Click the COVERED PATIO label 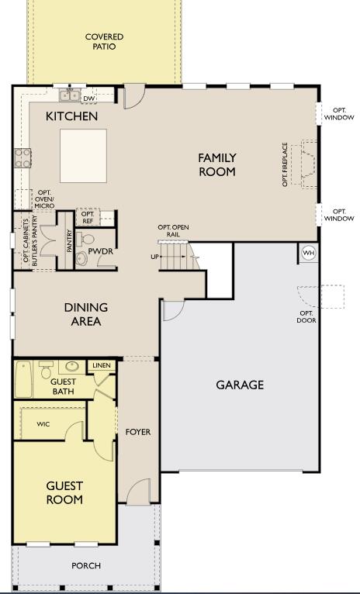[104, 42]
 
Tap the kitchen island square [84, 155]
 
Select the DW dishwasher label [89, 98]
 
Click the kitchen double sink [69, 95]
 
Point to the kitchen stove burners [22, 158]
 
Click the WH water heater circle [308, 254]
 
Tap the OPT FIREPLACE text [286, 164]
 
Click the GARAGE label [240, 385]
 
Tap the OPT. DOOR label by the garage [307, 316]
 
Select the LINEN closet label [101, 365]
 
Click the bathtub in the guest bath [23, 379]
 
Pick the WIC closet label [43, 424]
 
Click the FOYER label [137, 432]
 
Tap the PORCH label [86, 566]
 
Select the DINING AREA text [86, 314]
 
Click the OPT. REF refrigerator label [88, 217]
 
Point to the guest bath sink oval [72, 367]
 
